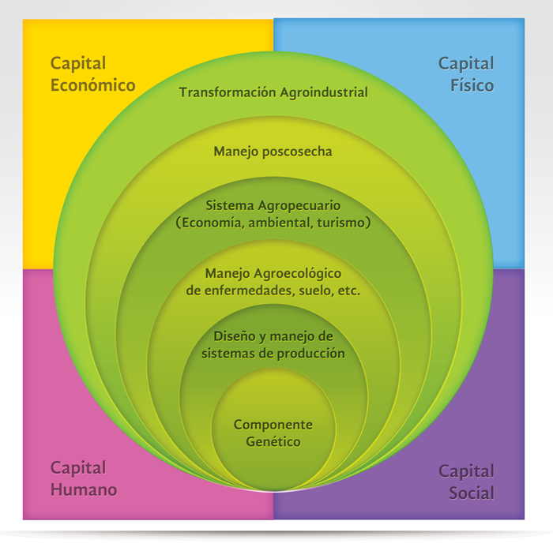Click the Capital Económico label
point(92,73)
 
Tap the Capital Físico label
point(466,73)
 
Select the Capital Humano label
point(84,478)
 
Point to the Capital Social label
point(466,482)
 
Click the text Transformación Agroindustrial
point(273,92)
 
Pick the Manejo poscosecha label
point(273,151)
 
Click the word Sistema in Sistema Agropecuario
point(228,205)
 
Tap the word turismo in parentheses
point(344,223)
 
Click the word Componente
point(273,425)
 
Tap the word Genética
point(273,442)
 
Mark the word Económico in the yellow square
point(92,84)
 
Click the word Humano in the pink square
point(84,489)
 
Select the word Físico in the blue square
point(472,84)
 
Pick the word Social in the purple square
point(472,493)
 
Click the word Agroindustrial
point(324,92)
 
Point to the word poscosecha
point(293,151)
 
